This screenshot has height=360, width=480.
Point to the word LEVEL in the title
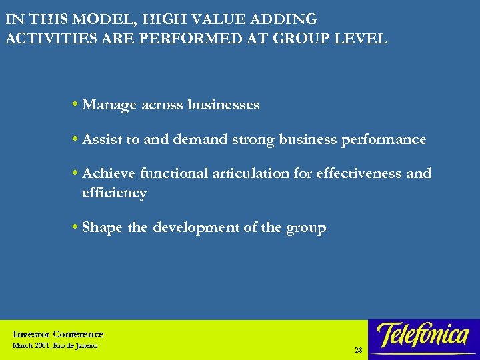[365, 38]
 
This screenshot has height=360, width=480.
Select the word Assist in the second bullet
[102, 139]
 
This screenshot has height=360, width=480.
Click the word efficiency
[114, 193]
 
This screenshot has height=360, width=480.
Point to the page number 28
[359, 349]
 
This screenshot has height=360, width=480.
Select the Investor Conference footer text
[59, 334]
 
